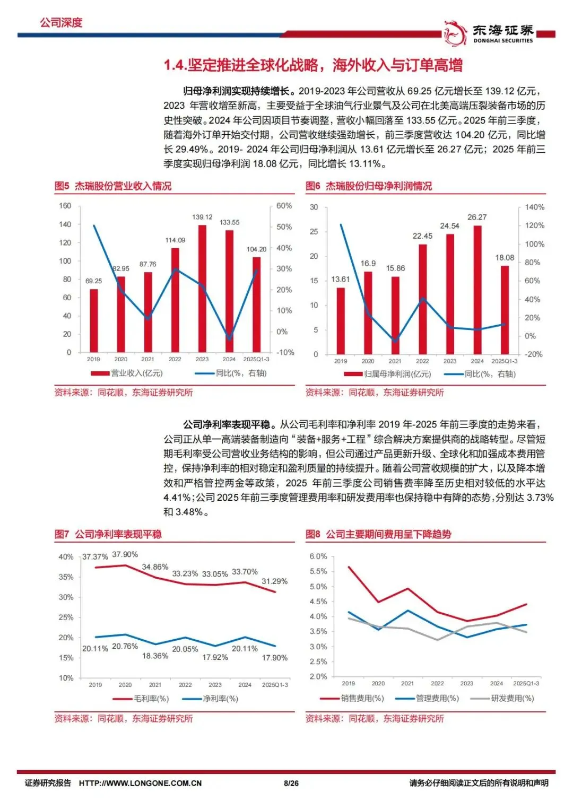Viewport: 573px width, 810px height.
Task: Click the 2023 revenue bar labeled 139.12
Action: (x=202, y=289)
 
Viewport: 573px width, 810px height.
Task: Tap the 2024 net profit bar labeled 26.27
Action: (x=477, y=290)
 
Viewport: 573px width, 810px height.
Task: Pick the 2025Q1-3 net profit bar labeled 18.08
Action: (x=505, y=310)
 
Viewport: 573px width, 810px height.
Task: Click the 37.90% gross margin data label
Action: (x=125, y=554)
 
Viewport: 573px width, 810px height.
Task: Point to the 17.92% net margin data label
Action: (x=215, y=657)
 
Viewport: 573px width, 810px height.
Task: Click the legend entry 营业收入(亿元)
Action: (x=127, y=373)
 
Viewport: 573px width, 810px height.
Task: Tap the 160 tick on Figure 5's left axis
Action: (x=65, y=206)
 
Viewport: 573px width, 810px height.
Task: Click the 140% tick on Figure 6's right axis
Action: (x=534, y=207)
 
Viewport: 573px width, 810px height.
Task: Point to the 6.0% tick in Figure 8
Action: (x=318, y=556)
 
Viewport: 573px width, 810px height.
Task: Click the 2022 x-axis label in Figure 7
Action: (x=185, y=685)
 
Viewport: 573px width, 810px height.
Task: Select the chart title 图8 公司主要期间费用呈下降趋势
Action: (x=378, y=534)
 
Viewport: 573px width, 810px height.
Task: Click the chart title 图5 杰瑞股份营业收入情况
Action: (x=113, y=186)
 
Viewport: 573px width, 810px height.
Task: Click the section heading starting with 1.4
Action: (x=313, y=65)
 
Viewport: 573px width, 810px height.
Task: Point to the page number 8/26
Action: (x=291, y=783)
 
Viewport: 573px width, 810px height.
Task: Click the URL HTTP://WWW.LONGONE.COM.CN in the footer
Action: (x=140, y=783)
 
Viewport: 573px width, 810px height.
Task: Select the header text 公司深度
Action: (x=61, y=22)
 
